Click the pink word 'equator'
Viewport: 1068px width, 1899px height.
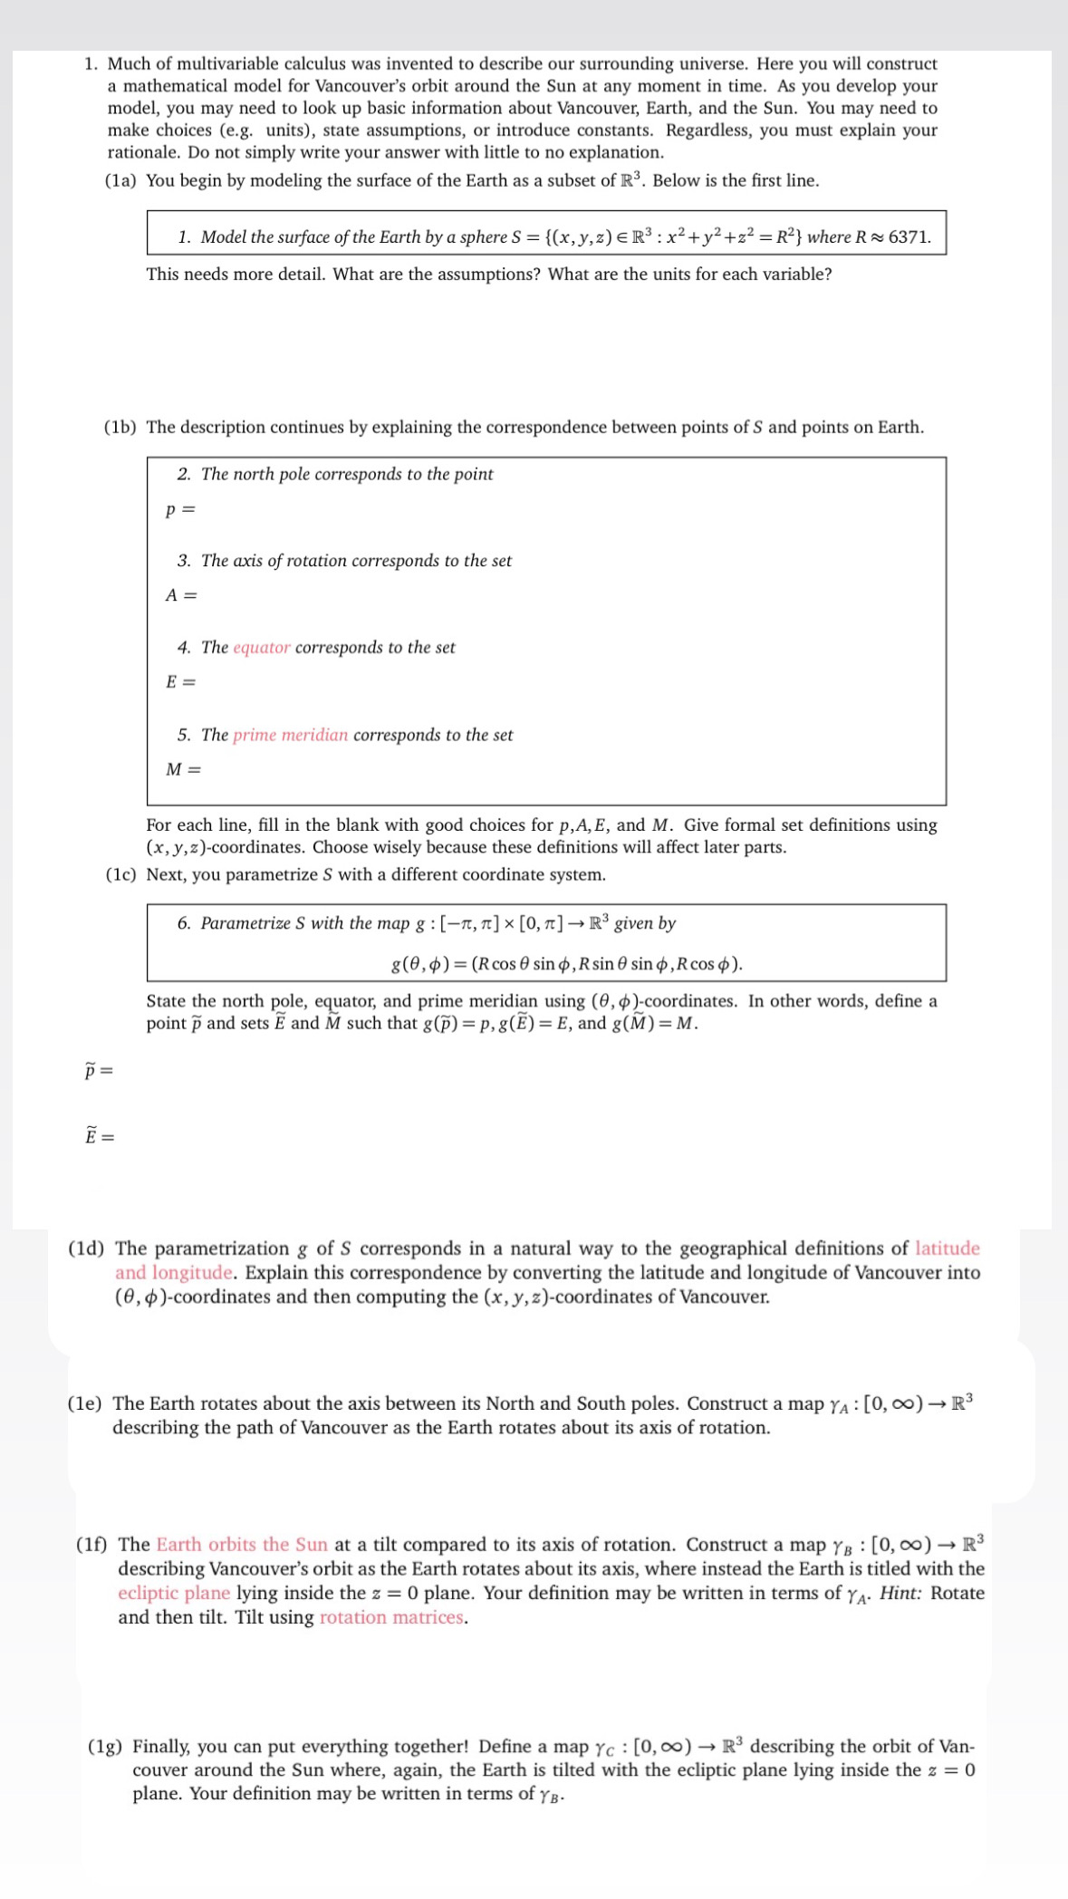point(261,648)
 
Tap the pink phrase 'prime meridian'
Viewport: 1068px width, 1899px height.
point(290,735)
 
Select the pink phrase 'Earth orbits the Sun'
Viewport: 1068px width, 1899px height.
point(242,1545)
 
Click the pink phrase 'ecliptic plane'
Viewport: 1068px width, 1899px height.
point(174,1593)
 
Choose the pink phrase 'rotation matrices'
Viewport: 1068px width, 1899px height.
point(392,1617)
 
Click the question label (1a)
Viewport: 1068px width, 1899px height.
point(121,180)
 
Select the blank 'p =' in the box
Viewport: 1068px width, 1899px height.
point(180,509)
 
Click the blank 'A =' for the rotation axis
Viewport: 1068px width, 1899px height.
point(181,595)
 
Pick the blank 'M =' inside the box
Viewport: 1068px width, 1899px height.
point(183,770)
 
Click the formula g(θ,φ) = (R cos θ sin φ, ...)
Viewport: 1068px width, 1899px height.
point(566,964)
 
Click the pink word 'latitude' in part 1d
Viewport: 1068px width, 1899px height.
point(948,1248)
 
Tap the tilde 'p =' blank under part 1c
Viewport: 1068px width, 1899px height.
point(99,1071)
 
